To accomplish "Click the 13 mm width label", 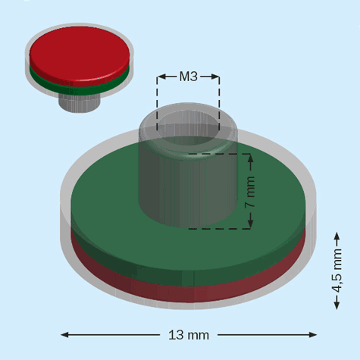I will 188,334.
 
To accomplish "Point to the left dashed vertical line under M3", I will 158,106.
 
